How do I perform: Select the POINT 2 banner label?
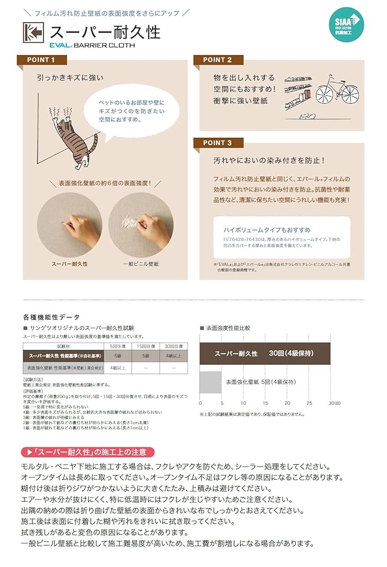point(218,60)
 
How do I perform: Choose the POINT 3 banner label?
point(218,143)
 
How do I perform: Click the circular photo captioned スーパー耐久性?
point(69,226)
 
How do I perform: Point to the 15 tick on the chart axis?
point(265,403)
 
